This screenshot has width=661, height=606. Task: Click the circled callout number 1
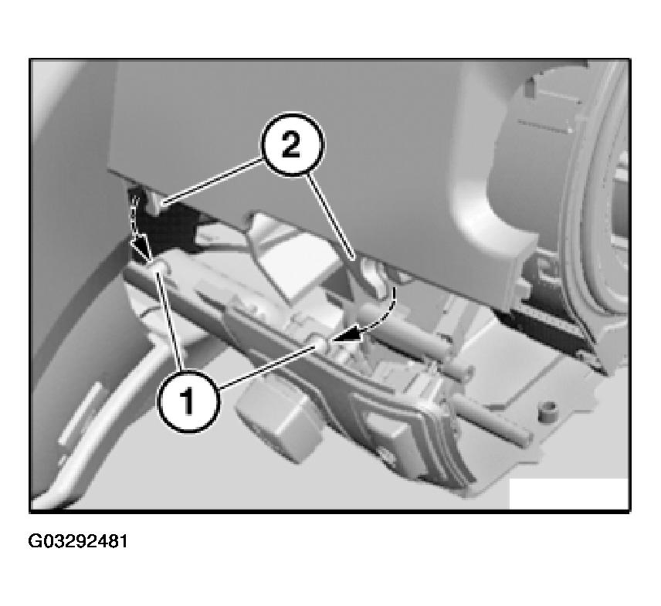(188, 401)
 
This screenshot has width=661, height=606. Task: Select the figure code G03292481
(78, 541)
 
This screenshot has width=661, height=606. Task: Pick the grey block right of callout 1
(276, 425)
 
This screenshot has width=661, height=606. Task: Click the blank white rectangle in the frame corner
(569, 493)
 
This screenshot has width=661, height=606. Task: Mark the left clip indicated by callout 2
(157, 201)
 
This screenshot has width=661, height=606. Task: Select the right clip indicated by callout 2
(373, 274)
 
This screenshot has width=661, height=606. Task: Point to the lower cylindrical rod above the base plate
(491, 419)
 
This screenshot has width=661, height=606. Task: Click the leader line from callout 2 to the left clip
(213, 181)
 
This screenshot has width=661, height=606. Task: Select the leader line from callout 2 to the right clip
(332, 216)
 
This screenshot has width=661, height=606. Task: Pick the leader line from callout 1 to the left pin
(169, 321)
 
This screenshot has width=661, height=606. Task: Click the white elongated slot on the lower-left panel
(80, 414)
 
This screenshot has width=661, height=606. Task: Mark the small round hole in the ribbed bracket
(385, 454)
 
